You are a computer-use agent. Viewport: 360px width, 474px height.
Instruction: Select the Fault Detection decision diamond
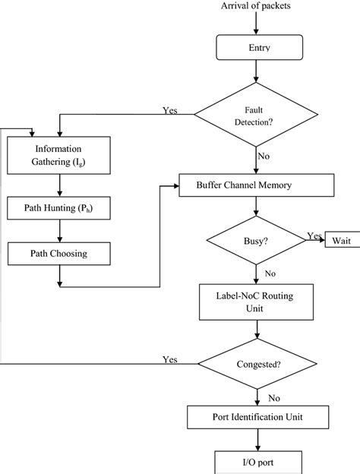[x=257, y=115]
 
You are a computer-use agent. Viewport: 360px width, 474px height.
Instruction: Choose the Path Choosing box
[x=58, y=254]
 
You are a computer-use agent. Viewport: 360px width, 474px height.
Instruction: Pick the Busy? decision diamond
[x=256, y=242]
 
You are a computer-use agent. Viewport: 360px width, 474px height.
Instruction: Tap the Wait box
[x=340, y=242]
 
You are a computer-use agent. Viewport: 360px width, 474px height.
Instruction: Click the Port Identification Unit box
[x=257, y=417]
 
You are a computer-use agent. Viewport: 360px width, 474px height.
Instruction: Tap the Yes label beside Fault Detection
[x=171, y=110]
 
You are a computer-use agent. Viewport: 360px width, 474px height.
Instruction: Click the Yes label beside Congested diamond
[x=171, y=359]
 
